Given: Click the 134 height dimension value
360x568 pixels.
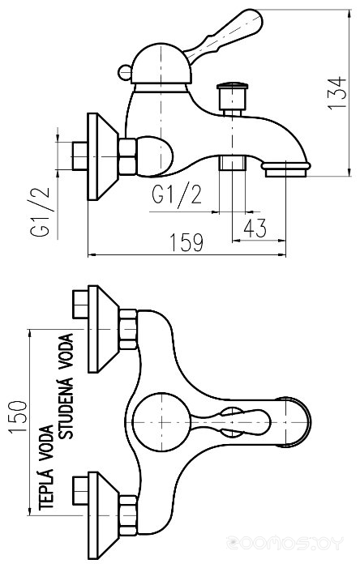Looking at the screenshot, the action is tap(337, 92).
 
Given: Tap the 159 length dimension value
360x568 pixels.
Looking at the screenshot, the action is tap(186, 242).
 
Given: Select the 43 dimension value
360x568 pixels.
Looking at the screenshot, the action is tap(255, 228).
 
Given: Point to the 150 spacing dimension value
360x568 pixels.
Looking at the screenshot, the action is tap(18, 416).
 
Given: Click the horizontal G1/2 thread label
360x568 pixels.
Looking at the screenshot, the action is tap(177, 194).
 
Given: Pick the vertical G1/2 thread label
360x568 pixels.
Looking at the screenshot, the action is tap(39, 212).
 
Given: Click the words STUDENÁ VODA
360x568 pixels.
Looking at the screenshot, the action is tap(66, 386).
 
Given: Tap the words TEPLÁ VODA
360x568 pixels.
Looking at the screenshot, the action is tap(46, 468).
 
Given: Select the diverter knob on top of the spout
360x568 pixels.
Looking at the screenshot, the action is tap(232, 98).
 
